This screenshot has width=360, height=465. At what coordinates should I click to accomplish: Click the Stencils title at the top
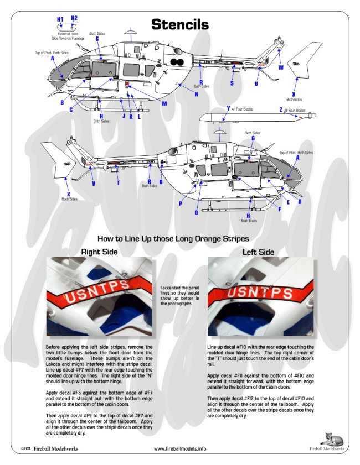click(180, 24)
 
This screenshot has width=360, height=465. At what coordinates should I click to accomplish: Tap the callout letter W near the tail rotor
click(281, 67)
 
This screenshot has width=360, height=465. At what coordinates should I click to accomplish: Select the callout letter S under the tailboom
click(232, 83)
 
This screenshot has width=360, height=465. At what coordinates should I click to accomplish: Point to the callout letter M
click(164, 103)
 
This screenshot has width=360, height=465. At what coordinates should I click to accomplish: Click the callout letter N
click(196, 94)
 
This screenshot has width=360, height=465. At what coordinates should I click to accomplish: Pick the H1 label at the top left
click(60, 19)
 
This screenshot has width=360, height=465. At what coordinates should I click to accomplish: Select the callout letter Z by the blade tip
click(281, 111)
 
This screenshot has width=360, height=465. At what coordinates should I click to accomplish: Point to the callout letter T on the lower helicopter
click(117, 183)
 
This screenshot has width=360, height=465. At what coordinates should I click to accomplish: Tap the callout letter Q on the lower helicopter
click(161, 181)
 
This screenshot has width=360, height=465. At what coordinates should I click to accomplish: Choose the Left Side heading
click(258, 252)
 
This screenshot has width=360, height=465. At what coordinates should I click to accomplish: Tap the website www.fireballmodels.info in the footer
click(179, 449)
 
